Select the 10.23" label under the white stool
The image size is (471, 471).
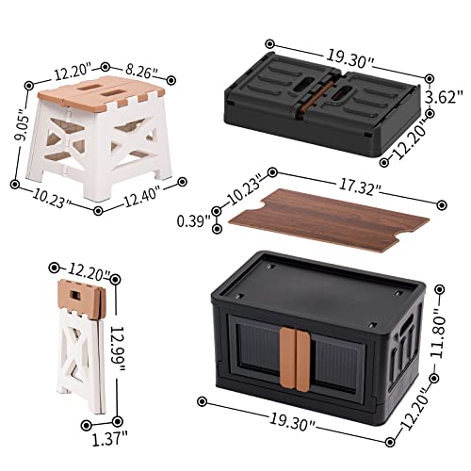click(x=44, y=198)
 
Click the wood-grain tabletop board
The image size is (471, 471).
click(x=320, y=214)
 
